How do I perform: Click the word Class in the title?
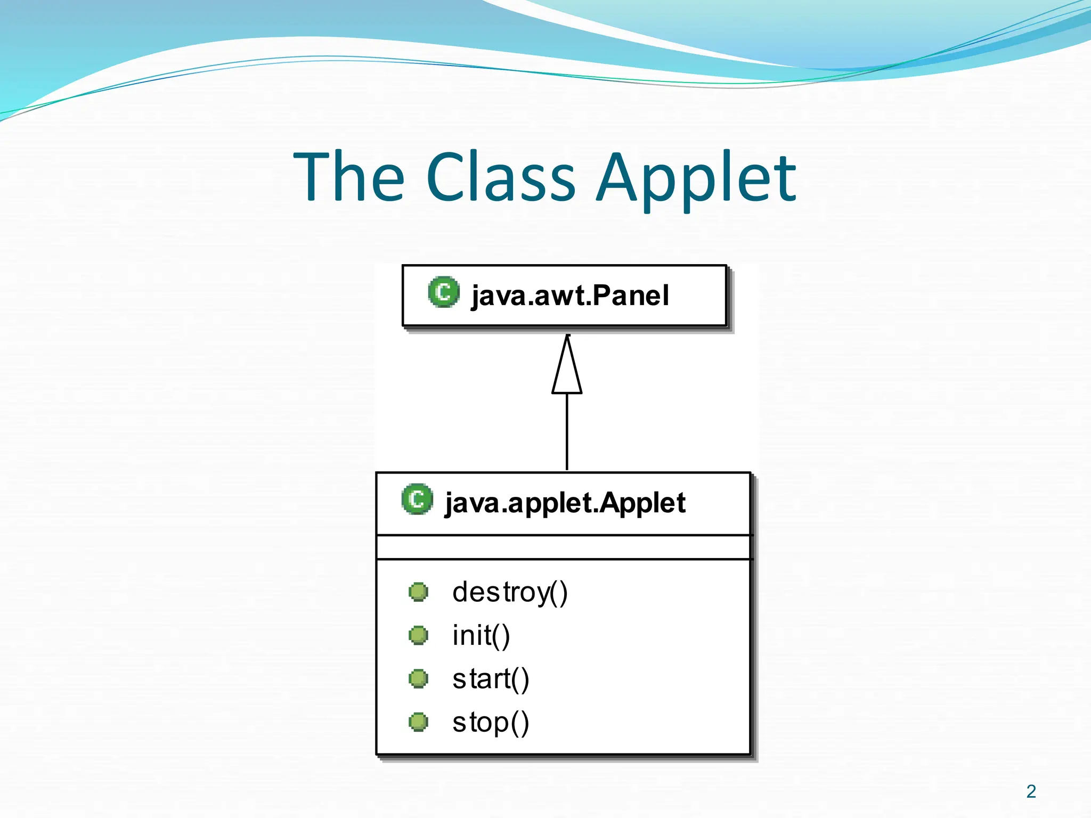pyautogui.click(x=501, y=177)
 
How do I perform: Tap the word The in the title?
pyautogui.click(x=349, y=177)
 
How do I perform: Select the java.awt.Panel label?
pyautogui.click(x=569, y=296)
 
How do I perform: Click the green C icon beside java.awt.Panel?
pyautogui.click(x=443, y=292)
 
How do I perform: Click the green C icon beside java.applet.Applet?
pyautogui.click(x=417, y=499)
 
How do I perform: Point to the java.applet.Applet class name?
pyautogui.click(x=565, y=503)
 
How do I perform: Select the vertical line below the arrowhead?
pyautogui.click(x=567, y=431)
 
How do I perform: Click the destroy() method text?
pyautogui.click(x=510, y=592)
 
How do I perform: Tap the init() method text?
pyautogui.click(x=481, y=635)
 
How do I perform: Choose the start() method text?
pyautogui.click(x=490, y=679)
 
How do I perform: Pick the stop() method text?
pyautogui.click(x=490, y=723)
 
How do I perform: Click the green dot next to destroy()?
pyautogui.click(x=418, y=592)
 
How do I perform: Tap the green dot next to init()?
pyautogui.click(x=418, y=635)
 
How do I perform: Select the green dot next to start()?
pyautogui.click(x=418, y=679)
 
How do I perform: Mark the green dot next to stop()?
pyautogui.click(x=418, y=722)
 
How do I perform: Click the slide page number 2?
pyautogui.click(x=1031, y=791)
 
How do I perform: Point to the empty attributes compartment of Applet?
pyautogui.click(x=563, y=547)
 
